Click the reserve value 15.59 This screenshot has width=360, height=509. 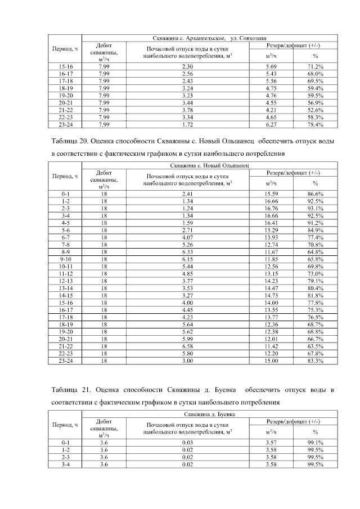point(272,193)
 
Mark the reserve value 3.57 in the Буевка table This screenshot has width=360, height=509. point(272,443)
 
